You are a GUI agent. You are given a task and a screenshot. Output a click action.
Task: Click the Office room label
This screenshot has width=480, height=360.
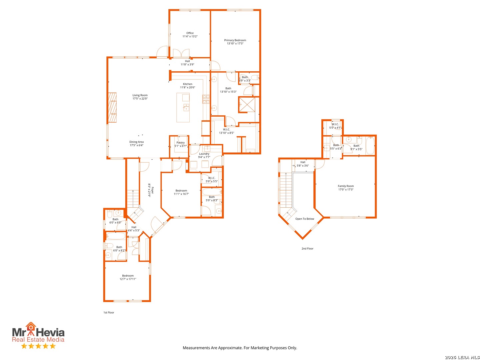[190, 33]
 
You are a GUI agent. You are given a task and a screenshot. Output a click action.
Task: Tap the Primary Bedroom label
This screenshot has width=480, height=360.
[235, 40]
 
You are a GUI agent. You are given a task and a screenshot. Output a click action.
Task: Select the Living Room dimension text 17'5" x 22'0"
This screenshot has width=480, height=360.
[140, 99]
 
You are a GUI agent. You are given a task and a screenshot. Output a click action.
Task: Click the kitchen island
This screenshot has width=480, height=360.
[183, 108]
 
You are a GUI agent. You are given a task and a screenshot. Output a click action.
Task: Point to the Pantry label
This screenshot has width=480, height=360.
[180, 143]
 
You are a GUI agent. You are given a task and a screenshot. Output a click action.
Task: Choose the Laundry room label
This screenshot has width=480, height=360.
[204, 154]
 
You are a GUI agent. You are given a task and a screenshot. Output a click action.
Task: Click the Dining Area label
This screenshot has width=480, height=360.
[136, 142]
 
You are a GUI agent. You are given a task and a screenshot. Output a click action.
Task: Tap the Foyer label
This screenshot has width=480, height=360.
[153, 190]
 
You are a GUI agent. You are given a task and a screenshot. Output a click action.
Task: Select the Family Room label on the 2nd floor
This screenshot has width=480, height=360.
[346, 186]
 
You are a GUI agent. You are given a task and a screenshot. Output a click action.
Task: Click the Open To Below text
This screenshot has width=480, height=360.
[304, 219]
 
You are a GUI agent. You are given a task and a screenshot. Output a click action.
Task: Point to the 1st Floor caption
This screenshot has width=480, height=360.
[109, 313]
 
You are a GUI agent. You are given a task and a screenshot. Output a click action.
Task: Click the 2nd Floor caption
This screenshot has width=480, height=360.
[307, 249]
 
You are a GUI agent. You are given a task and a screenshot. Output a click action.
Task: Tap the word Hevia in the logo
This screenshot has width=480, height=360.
[50, 333]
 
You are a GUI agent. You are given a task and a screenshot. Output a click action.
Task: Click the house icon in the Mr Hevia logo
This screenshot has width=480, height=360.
[31, 327]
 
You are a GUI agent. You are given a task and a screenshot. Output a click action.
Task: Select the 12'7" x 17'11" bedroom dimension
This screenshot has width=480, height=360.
[128, 279]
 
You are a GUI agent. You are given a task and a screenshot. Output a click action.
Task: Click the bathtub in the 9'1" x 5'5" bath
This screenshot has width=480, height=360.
[370, 145]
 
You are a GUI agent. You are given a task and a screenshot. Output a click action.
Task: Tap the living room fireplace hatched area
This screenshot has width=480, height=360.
[112, 108]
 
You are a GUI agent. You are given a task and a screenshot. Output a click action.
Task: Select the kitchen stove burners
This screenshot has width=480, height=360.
[206, 99]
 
